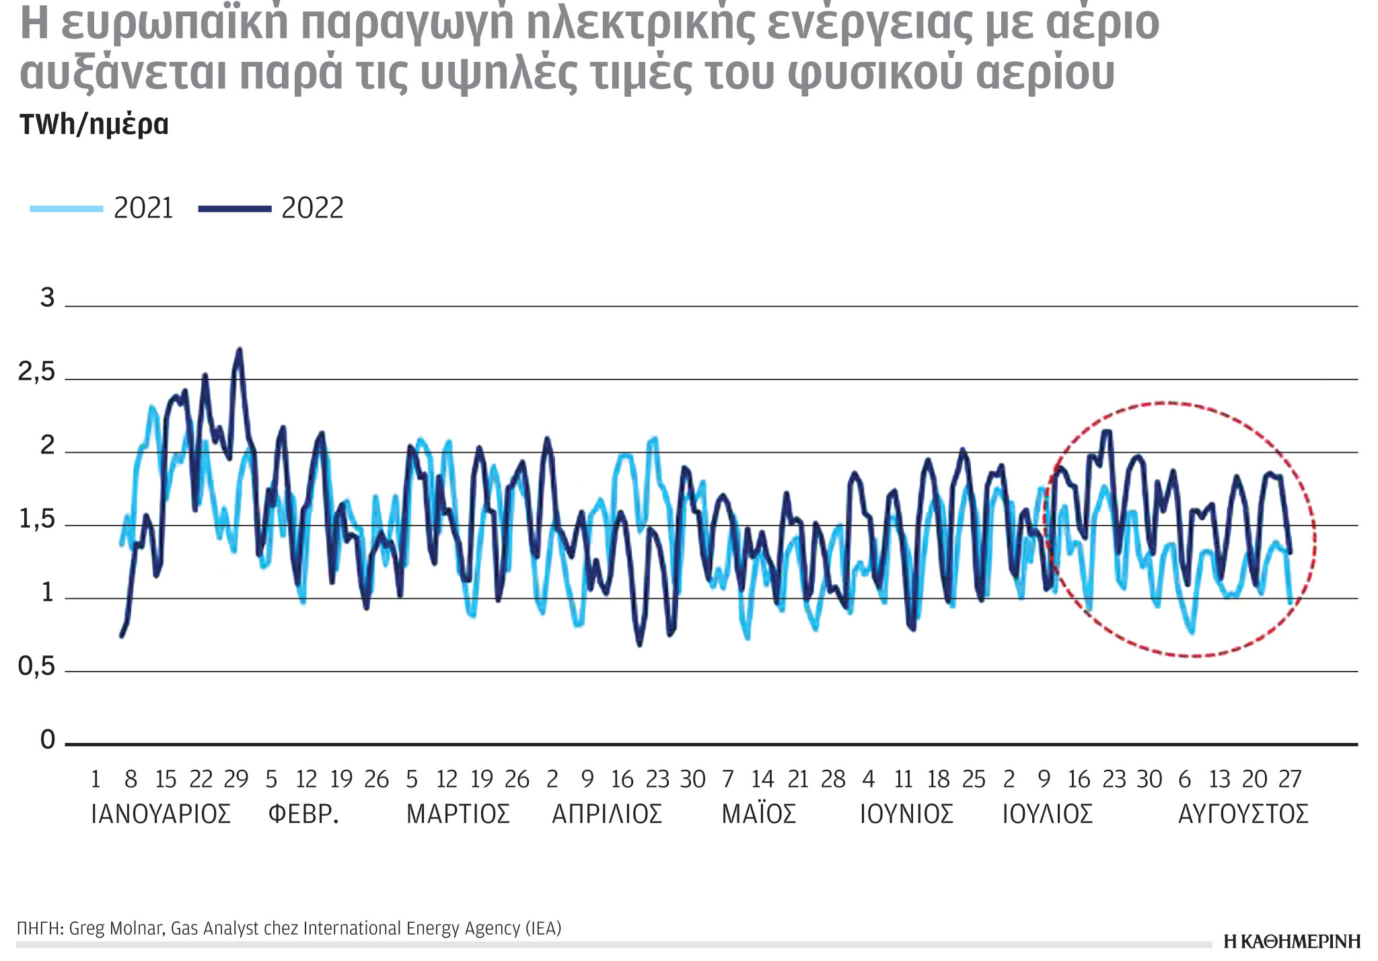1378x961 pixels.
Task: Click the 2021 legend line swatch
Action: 66,209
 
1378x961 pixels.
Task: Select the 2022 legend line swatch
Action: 234,209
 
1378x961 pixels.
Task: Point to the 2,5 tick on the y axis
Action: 37,372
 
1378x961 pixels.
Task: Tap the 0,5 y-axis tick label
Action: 37,666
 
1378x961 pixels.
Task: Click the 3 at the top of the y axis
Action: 47,297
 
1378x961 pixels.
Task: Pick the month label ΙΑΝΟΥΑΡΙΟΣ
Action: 161,814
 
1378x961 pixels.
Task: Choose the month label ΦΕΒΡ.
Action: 303,814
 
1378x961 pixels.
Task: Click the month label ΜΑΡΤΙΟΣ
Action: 458,814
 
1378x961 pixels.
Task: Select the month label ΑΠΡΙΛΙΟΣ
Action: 607,814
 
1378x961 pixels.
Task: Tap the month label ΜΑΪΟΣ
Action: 759,814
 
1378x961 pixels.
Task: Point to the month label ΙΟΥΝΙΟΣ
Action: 906,814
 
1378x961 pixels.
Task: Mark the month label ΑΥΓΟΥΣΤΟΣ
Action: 1243,814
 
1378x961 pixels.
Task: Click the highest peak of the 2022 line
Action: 240,349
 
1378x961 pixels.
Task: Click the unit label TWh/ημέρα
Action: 94,125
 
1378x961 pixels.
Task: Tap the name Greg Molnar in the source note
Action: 115,929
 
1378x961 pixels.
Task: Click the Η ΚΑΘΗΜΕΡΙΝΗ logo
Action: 1292,941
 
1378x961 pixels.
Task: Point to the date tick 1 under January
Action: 96,779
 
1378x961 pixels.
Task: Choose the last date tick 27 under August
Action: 1290,779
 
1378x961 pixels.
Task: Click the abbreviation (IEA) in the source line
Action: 543,929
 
